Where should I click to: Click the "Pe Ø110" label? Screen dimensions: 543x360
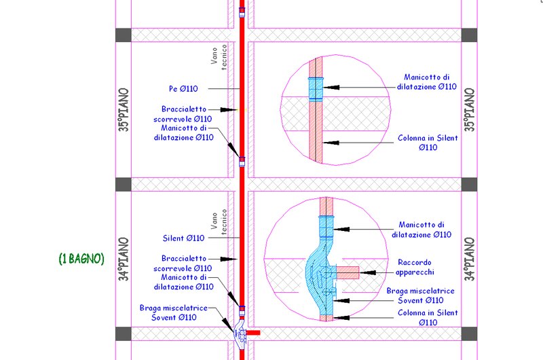(183, 89)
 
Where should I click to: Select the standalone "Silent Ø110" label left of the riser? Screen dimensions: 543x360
(183, 238)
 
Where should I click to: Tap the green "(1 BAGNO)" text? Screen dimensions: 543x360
(81, 259)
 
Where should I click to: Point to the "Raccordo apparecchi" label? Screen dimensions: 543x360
(415, 267)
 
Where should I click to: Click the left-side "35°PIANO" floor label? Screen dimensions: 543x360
(124, 109)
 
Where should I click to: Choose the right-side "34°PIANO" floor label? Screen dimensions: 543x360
(469, 259)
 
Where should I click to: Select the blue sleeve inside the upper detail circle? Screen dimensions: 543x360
(316, 89)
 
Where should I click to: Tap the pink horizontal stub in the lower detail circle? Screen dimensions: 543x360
(348, 272)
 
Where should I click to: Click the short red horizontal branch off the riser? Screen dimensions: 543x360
(252, 333)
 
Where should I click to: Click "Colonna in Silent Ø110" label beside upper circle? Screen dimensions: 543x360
(428, 143)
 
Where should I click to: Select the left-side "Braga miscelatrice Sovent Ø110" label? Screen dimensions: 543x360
(174, 312)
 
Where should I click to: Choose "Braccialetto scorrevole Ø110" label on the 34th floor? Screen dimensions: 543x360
(183, 264)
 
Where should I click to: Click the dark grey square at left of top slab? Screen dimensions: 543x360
(124, 35)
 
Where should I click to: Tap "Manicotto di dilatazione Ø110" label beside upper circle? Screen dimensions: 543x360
(427, 82)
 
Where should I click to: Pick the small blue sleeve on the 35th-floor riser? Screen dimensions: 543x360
(242, 162)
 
